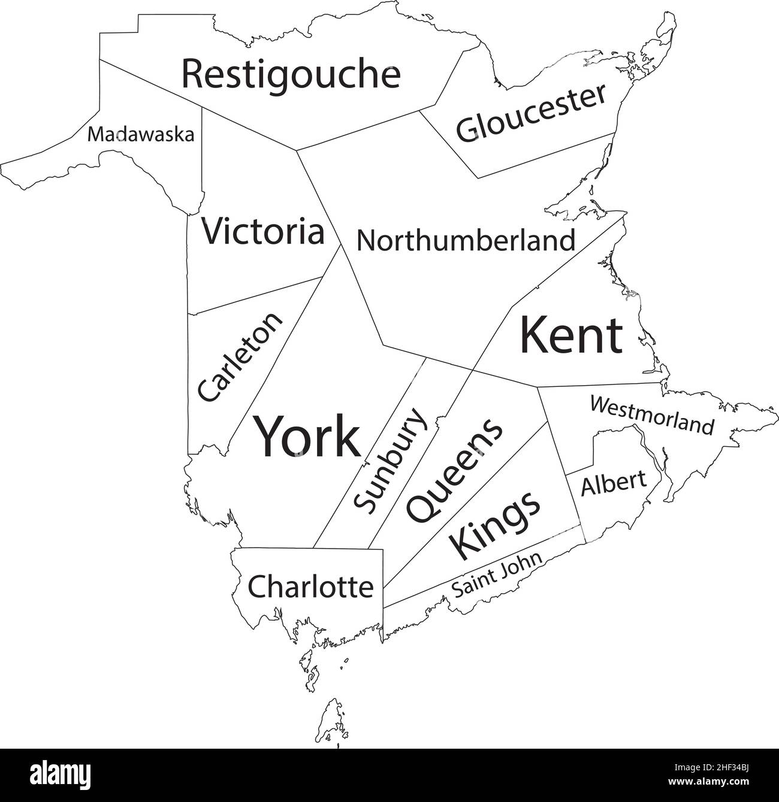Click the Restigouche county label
coord(291,74)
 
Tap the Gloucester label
coord(532,113)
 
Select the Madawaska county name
coord(141,134)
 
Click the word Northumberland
coord(466,241)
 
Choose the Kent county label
coord(571,335)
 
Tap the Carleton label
coord(239,357)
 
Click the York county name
coord(308,436)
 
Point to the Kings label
coord(494,523)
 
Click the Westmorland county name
coord(652,414)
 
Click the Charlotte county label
coord(310,586)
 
